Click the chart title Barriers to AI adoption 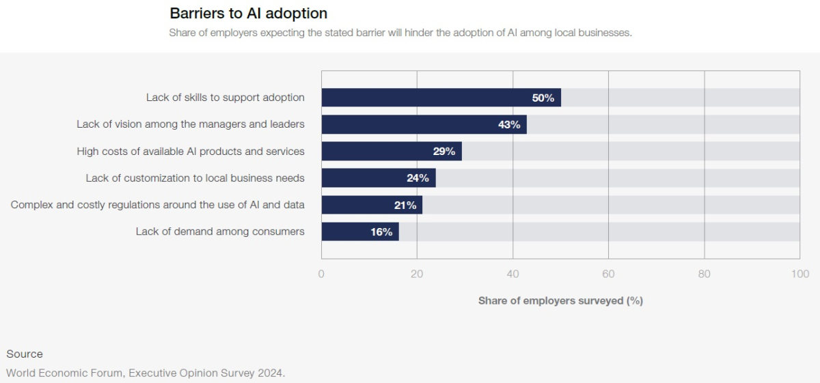[248, 13]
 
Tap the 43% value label [509, 125]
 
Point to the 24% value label [418, 178]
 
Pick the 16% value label [381, 232]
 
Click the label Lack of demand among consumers [220, 231]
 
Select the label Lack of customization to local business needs [195, 178]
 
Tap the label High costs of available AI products [191, 152]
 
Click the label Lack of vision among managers [191, 124]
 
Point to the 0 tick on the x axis [321, 274]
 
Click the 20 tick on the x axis [417, 274]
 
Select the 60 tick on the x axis [608, 274]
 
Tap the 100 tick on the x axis [799, 274]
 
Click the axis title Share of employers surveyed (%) [560, 300]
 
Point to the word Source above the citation [25, 354]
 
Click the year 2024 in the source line [270, 373]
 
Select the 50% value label [543, 98]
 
